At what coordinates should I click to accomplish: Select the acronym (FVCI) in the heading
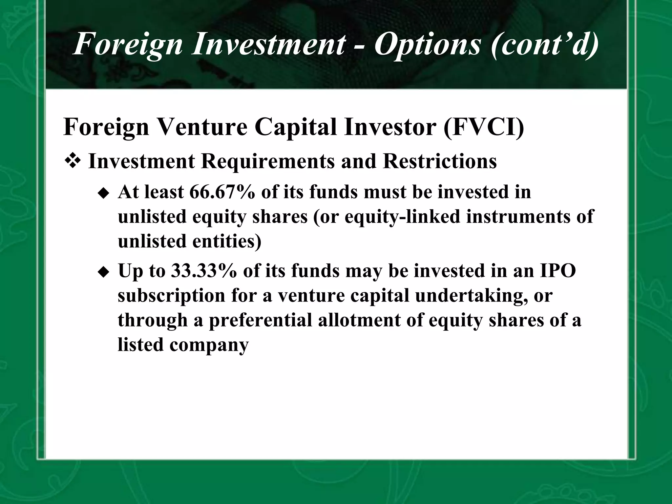click(x=484, y=127)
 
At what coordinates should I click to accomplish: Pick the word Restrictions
click(x=440, y=161)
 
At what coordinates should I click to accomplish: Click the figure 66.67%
click(x=222, y=192)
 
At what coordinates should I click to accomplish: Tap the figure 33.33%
click(x=203, y=271)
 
